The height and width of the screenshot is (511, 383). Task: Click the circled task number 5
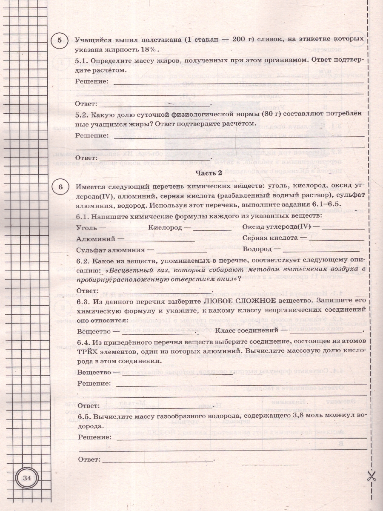click(60, 40)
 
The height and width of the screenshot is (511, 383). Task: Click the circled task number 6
click(60, 187)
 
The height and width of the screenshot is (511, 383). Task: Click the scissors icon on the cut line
click(371, 476)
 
